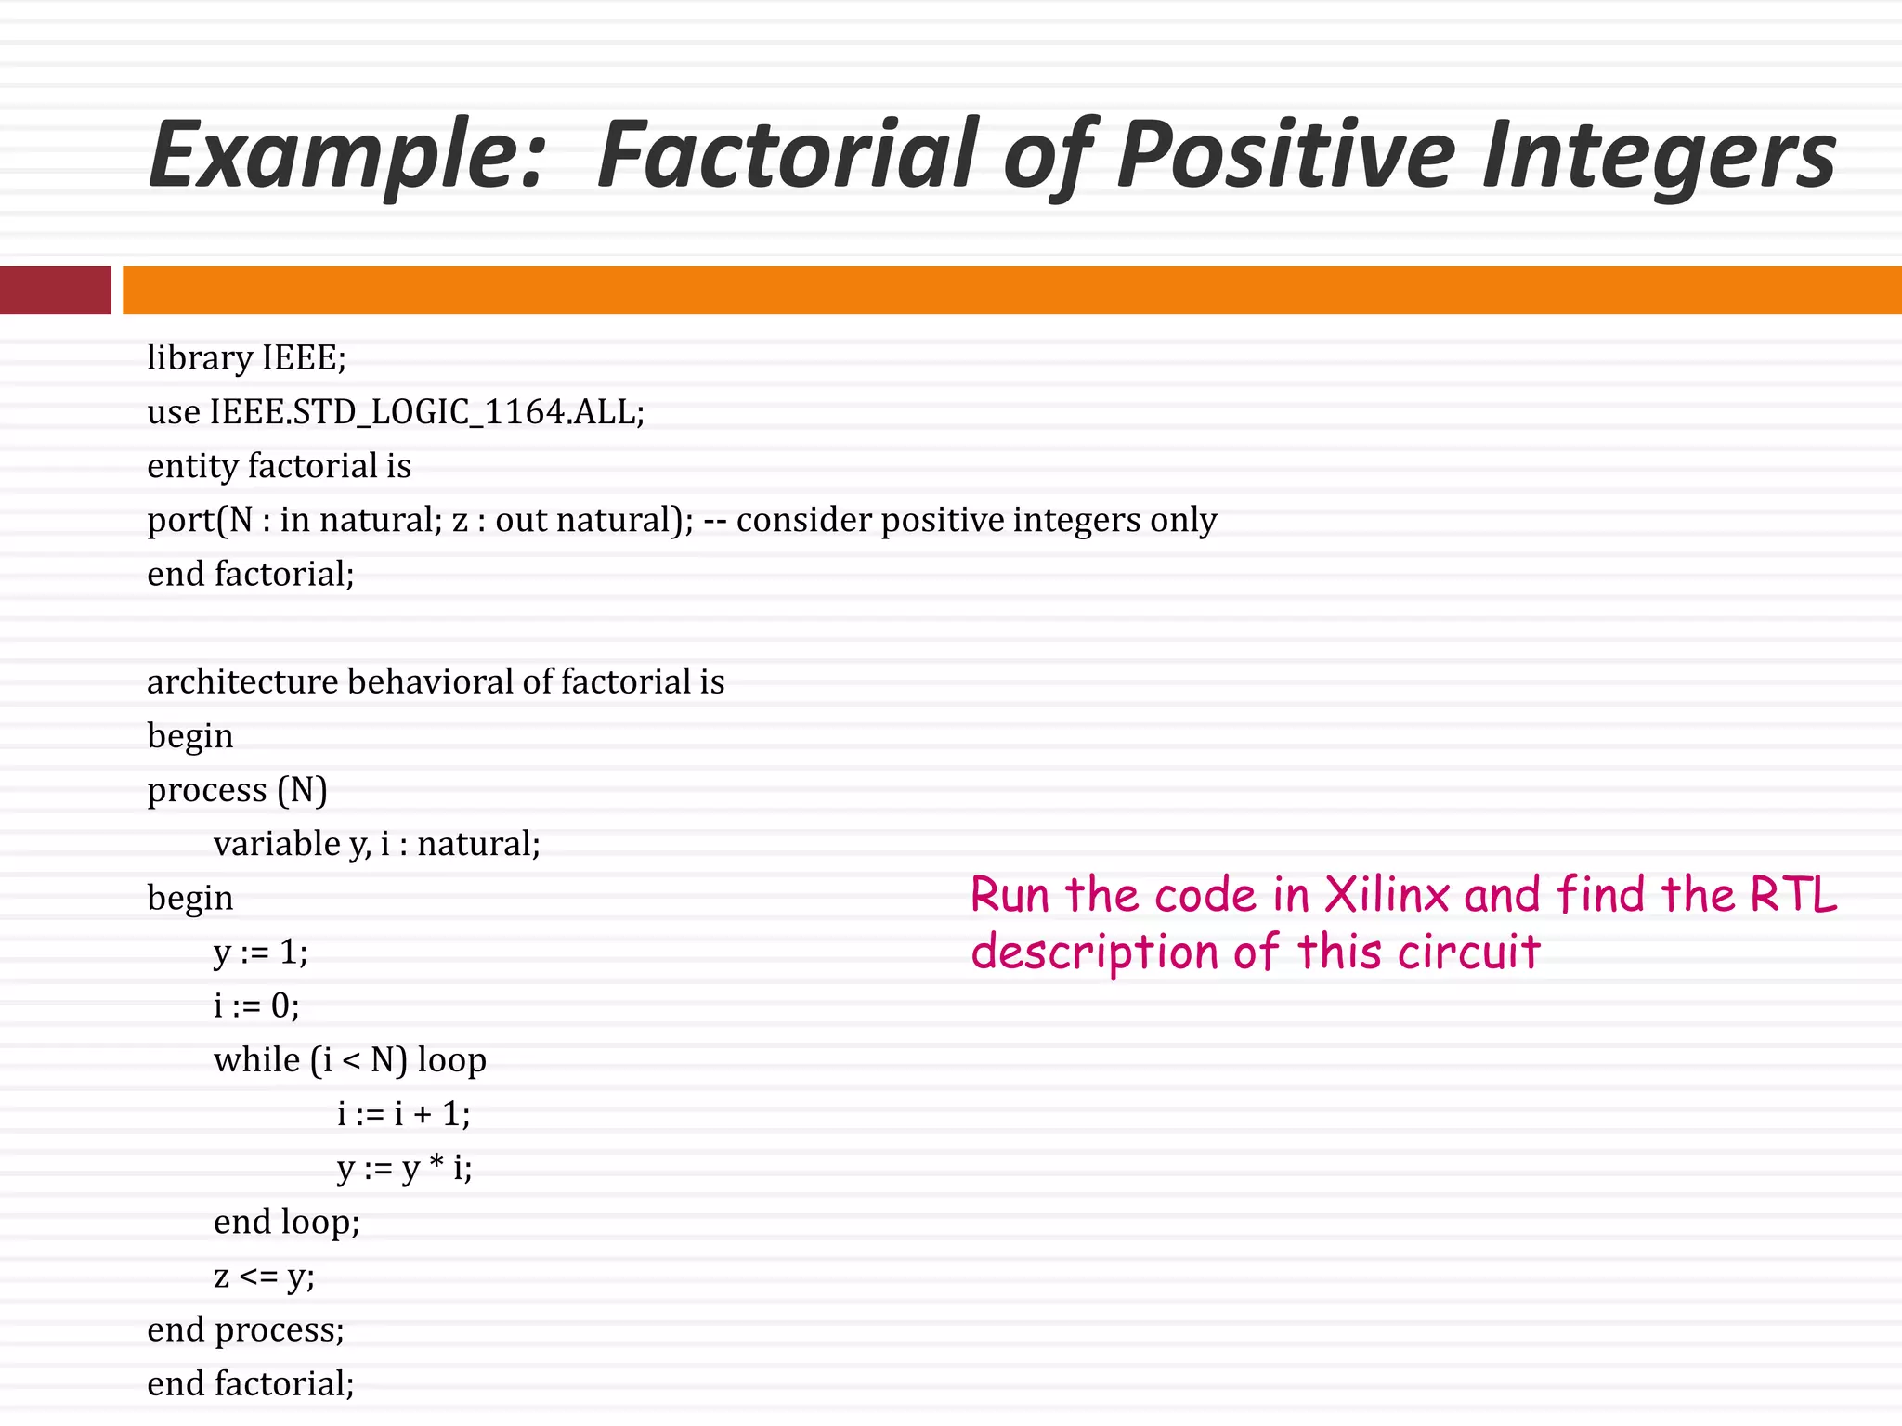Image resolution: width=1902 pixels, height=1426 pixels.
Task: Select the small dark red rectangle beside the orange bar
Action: point(55,290)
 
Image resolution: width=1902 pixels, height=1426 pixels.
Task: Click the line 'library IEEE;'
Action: point(246,357)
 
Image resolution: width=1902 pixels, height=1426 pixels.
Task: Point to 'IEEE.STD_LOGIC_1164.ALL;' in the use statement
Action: point(427,411)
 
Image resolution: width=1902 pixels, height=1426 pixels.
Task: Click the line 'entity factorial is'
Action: point(279,465)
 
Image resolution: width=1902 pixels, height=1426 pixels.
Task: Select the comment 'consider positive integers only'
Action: point(976,520)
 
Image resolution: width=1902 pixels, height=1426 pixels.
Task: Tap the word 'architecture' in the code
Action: point(242,681)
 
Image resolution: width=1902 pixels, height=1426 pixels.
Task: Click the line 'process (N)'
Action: point(237,790)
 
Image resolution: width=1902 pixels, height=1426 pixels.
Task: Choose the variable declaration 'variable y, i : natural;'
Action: point(376,844)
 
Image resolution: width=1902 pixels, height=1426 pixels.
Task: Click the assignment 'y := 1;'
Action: point(260,952)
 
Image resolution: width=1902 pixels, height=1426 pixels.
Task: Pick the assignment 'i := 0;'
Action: point(256,1005)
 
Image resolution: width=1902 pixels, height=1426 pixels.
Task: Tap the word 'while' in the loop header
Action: point(257,1059)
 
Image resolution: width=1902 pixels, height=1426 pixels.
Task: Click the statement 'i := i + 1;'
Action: point(403,1113)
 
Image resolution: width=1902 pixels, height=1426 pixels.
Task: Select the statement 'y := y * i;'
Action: point(404,1168)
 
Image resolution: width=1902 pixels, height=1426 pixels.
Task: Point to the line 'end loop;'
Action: point(286,1222)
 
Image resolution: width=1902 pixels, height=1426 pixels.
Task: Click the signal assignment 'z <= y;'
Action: point(264,1277)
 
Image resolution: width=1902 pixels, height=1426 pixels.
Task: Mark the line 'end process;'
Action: point(245,1329)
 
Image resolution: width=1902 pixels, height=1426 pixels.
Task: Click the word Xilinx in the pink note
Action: point(1387,895)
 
